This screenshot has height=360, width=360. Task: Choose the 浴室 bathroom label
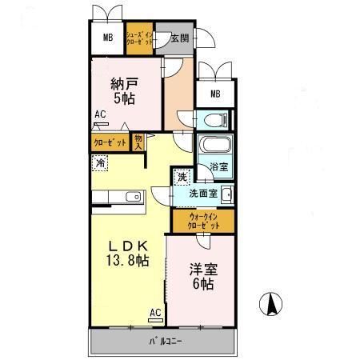click(218, 167)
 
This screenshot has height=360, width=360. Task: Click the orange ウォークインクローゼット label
click(203, 220)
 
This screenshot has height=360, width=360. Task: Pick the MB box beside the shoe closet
click(107, 37)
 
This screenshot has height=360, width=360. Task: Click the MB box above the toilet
click(214, 94)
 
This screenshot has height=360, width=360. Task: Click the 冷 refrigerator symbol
click(100, 163)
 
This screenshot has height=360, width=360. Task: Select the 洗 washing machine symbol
click(182, 177)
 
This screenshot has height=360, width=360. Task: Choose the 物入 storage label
click(138, 142)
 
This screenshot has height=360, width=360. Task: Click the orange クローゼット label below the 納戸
click(109, 142)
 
